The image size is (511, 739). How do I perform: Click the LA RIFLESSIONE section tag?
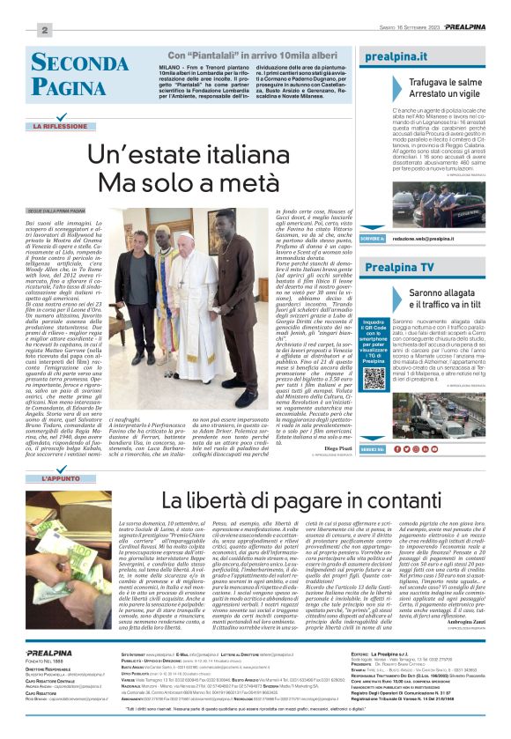point(63,126)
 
